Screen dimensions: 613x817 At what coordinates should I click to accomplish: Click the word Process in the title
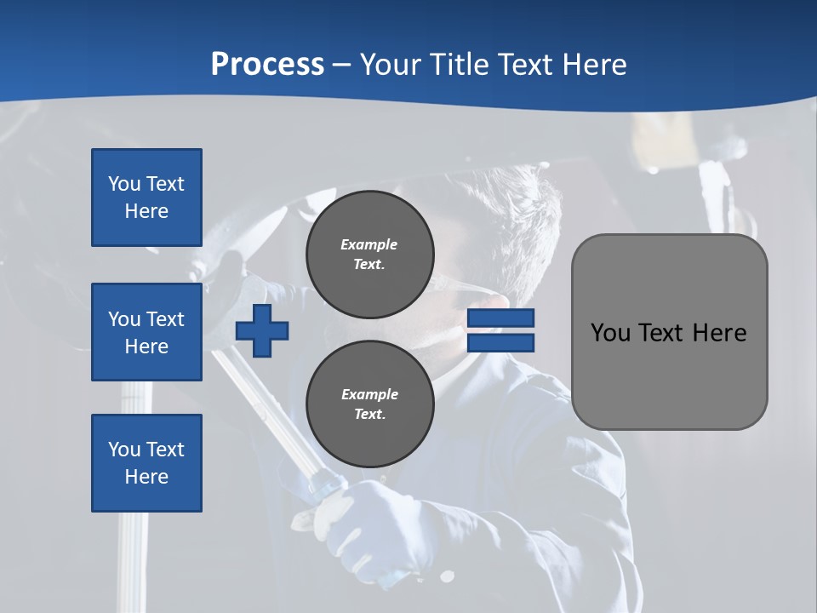[x=267, y=65]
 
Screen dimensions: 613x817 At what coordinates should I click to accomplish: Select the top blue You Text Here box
[x=146, y=198]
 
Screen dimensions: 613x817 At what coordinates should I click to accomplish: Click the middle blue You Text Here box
[x=146, y=332]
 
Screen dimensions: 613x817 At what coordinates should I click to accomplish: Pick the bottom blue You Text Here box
[x=146, y=462]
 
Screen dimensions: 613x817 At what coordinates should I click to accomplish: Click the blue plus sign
[x=262, y=331]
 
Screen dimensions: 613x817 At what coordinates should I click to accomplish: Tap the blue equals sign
[x=500, y=331]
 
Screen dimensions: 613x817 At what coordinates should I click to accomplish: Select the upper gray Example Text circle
[x=370, y=254]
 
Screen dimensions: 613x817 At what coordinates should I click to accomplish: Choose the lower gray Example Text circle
[x=370, y=404]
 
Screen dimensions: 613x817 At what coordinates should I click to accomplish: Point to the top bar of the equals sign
[x=500, y=318]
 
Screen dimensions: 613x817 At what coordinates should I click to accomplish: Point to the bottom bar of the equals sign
[x=500, y=343]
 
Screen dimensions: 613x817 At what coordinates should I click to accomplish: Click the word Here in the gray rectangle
[x=719, y=333]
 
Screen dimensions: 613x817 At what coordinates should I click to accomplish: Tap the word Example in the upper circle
[x=369, y=244]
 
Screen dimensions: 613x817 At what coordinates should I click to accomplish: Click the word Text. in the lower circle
[x=369, y=415]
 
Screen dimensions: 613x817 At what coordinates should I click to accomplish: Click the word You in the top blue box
[x=123, y=184]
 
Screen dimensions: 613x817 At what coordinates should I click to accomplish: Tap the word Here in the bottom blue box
[x=146, y=477]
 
